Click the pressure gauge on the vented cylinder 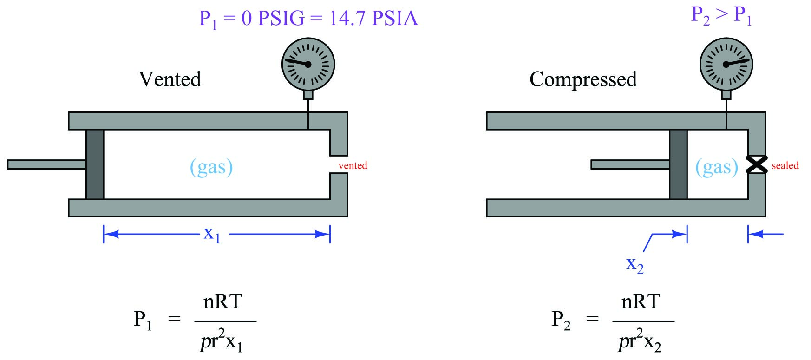(308, 64)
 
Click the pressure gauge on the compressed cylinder (726, 64)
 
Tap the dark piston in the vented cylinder (95, 164)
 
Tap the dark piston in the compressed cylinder (678, 164)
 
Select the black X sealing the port (757, 164)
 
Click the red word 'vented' (353, 165)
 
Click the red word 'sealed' (785, 165)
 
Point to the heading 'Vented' (170, 79)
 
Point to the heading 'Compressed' (583, 79)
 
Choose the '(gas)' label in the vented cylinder (211, 167)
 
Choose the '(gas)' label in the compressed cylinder (717, 167)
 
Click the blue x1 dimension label (212, 234)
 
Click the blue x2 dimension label (635, 265)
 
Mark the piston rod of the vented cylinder (46, 164)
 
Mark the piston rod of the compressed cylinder (630, 164)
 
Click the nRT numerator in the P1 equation (222, 302)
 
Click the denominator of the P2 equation (640, 342)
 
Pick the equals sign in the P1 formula (174, 319)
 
